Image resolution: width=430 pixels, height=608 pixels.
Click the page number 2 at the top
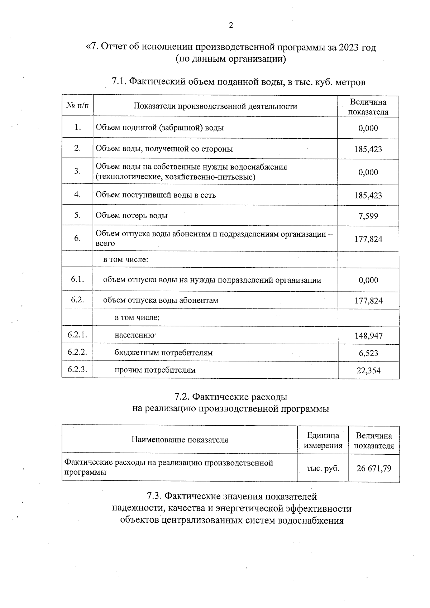(x=231, y=25)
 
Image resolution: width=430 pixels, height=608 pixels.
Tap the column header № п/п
(x=77, y=106)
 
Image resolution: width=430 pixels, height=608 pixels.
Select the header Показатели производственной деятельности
(x=215, y=106)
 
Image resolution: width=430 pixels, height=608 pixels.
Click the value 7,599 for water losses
(x=368, y=216)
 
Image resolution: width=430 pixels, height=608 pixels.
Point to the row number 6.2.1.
(x=77, y=335)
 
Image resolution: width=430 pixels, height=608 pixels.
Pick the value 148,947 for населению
(x=368, y=336)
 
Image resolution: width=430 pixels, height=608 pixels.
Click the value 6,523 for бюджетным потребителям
(x=368, y=353)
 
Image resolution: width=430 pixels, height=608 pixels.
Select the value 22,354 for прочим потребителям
(x=368, y=370)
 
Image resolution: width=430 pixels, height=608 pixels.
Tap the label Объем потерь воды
(x=132, y=215)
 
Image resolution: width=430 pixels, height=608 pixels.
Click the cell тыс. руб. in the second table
(x=323, y=468)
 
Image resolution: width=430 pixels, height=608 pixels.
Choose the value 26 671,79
(x=374, y=468)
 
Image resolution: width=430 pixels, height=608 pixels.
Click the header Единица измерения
(x=323, y=441)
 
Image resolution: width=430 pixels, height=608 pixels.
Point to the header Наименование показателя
(x=180, y=440)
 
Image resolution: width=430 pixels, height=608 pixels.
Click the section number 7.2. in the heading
(x=182, y=397)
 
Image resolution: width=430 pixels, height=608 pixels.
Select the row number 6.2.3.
(x=77, y=369)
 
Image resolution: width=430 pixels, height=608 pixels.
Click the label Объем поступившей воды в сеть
(x=156, y=195)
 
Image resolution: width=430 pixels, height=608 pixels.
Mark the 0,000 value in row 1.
(x=368, y=128)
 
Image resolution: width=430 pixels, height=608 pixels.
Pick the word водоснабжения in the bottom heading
(x=309, y=520)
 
